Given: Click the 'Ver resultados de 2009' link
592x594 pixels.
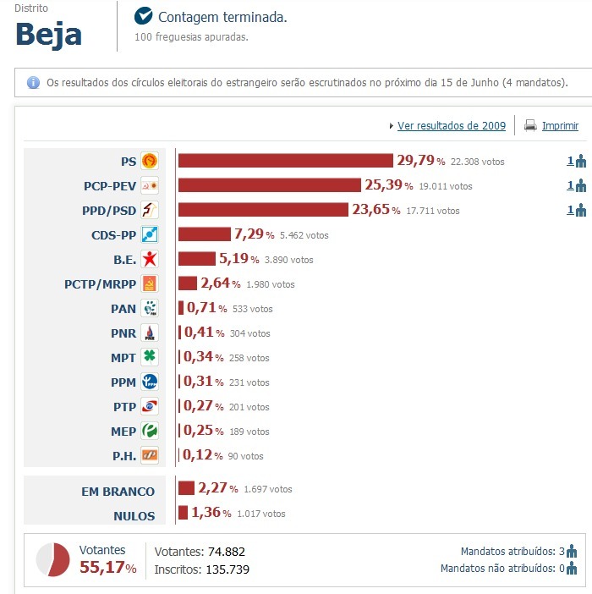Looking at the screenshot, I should point(452,126).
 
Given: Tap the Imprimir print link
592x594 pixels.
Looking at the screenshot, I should point(560,126).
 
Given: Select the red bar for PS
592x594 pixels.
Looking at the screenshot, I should point(285,161).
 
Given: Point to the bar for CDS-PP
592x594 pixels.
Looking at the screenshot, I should point(204,234).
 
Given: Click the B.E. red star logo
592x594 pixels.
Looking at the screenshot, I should point(150,260).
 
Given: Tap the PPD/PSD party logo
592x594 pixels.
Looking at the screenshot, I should point(150,210).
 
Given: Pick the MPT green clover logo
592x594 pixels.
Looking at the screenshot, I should point(150,358).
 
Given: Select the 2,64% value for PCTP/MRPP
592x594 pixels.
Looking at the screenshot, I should point(220,283).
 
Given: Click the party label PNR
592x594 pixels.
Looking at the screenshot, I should point(123,333).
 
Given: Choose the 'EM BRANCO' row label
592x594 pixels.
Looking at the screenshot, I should point(117,492).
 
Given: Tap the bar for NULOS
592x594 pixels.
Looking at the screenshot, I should point(183,513).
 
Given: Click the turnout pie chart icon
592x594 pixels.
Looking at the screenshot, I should point(52,559).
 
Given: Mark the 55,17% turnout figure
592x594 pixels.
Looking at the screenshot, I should point(107,568).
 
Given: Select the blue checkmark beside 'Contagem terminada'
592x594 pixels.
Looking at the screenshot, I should point(144,16).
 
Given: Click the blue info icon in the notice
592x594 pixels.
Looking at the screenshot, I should point(34,83).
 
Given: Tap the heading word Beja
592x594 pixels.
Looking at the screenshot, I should point(49,35).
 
